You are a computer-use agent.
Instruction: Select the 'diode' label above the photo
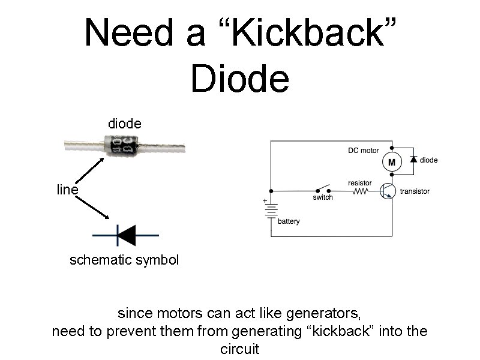click(x=124, y=124)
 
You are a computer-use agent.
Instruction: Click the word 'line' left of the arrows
click(x=67, y=190)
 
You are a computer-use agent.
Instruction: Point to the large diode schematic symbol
click(x=127, y=235)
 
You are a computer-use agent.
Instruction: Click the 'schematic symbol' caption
click(x=124, y=261)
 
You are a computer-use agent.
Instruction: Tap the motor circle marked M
click(x=391, y=162)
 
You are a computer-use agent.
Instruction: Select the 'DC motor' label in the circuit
click(x=364, y=151)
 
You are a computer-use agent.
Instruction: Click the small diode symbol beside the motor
click(x=413, y=160)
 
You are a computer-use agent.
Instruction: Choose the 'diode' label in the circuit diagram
click(x=428, y=160)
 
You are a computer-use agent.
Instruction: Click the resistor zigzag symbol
click(x=359, y=192)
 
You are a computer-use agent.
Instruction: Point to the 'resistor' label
click(x=359, y=182)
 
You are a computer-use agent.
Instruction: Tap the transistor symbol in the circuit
click(x=388, y=191)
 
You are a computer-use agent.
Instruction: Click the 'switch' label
click(x=323, y=197)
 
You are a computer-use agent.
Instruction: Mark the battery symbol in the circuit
click(x=271, y=211)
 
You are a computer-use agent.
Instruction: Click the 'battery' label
click(x=289, y=221)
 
